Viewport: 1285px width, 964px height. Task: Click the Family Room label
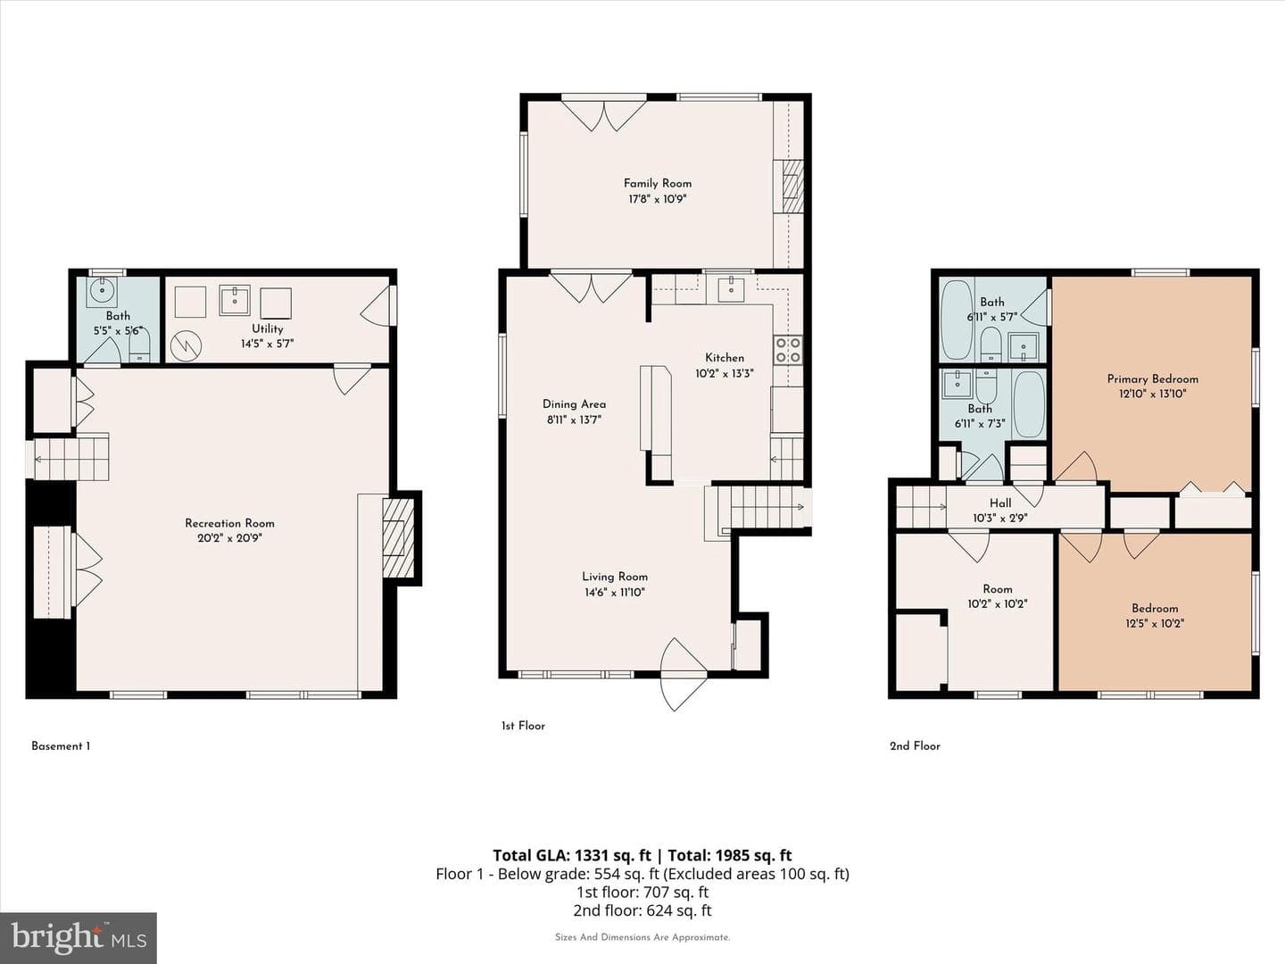[x=658, y=183]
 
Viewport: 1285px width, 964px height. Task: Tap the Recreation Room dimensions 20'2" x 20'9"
[x=229, y=538]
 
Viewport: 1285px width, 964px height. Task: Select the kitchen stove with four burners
[x=788, y=350]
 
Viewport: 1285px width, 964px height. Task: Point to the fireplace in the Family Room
[x=792, y=187]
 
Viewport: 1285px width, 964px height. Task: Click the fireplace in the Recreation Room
[x=398, y=537]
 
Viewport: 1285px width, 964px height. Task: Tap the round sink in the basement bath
[x=102, y=292]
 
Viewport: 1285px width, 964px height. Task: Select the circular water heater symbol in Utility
[x=186, y=346]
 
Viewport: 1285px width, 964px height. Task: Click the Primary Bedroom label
[x=1153, y=379]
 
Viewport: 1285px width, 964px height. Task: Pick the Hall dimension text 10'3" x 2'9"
[x=1000, y=518]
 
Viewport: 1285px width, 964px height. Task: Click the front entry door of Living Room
[x=684, y=674]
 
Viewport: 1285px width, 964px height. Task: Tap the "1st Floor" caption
[x=523, y=726]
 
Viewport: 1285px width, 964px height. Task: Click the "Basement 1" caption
[x=61, y=746]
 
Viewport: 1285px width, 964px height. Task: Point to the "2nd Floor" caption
[x=915, y=746]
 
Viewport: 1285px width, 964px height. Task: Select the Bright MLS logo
[x=78, y=937]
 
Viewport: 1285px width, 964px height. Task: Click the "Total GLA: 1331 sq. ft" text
[x=572, y=856]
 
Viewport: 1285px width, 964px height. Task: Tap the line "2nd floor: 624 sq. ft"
[x=642, y=910]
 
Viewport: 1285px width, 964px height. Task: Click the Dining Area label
[x=575, y=404]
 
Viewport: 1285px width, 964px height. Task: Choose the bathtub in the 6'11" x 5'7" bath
[x=957, y=320]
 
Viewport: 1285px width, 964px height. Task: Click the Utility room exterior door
[x=378, y=305]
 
